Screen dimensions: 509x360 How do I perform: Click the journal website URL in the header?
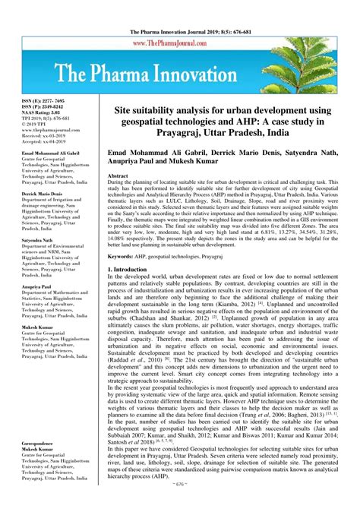(x=180, y=43)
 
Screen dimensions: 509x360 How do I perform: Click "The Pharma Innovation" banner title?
(x=180, y=75)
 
